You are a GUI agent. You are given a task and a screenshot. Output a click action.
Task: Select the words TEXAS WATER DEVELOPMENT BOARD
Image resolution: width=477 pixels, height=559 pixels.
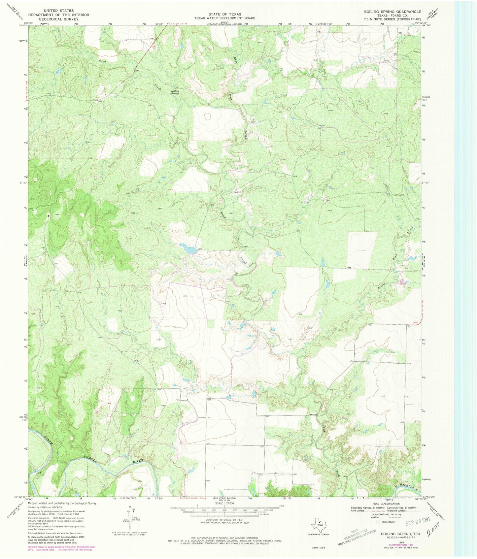coord(224,18)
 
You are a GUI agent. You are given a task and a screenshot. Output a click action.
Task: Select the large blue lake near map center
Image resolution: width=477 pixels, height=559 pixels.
coord(187,248)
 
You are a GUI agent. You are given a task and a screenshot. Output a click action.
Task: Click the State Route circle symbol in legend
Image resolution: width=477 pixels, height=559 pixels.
coord(378,522)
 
